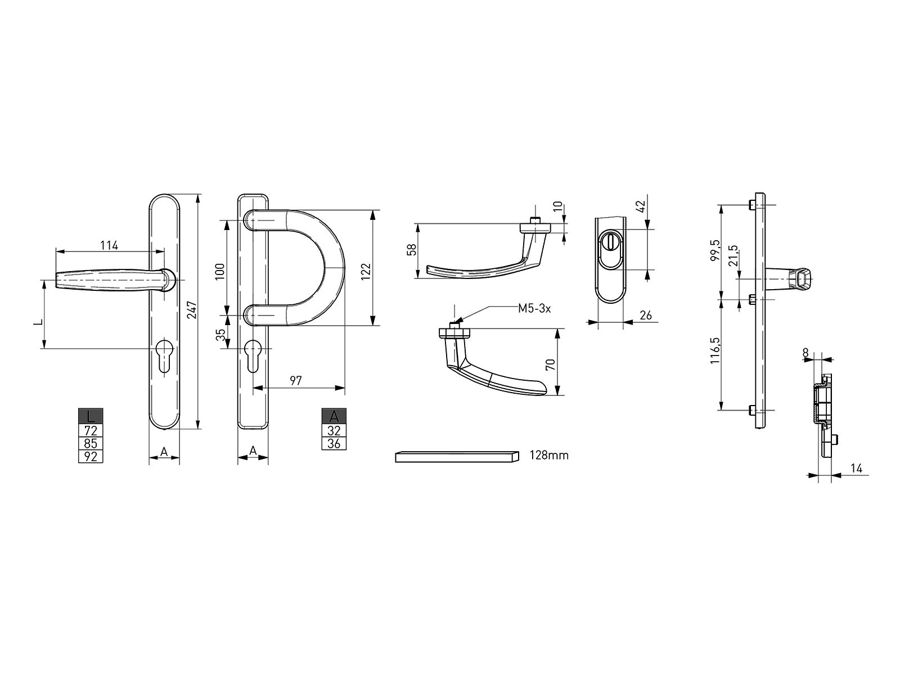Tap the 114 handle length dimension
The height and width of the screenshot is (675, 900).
tap(110, 245)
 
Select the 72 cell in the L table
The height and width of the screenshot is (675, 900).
tap(90, 430)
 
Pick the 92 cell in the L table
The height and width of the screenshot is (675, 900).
tap(90, 456)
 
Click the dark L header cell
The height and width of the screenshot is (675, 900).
tap(90, 416)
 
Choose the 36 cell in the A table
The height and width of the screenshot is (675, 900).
tap(334, 443)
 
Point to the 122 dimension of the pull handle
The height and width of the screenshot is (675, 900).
tap(366, 271)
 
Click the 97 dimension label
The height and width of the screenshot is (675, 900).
tap(296, 381)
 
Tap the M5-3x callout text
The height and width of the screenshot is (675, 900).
tap(534, 309)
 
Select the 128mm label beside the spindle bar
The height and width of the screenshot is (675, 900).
tap(549, 455)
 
